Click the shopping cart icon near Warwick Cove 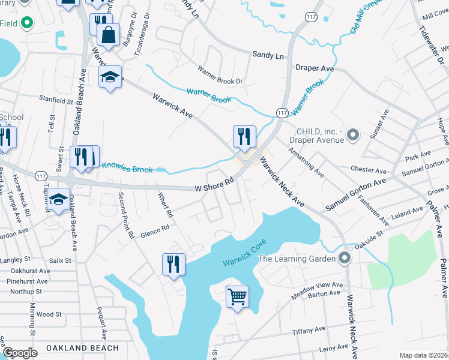tap(238, 296)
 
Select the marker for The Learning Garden tap(344, 259)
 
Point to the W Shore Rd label tap(214, 184)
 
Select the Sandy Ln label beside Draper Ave tap(268, 55)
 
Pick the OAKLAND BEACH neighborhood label tap(82, 347)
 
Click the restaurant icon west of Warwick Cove tap(173, 265)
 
